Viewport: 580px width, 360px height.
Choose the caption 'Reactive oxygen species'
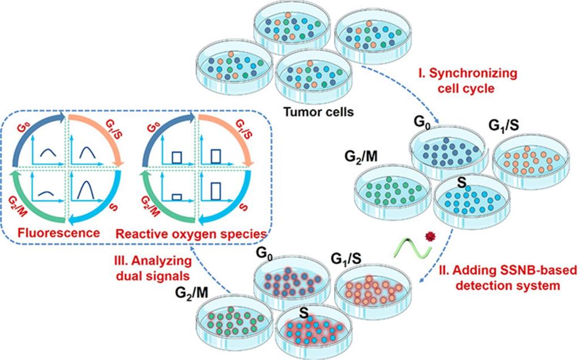(192, 233)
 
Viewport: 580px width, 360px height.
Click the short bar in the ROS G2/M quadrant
(176, 196)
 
